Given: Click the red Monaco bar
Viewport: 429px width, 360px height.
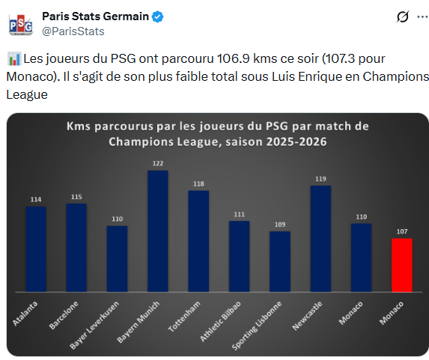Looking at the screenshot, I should tap(401, 265).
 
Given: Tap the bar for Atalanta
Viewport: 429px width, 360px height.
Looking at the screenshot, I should tap(36, 248).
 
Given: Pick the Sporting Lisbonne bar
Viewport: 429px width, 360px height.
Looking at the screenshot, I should tap(280, 261).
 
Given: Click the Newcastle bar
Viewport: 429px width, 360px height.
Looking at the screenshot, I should tap(320, 238).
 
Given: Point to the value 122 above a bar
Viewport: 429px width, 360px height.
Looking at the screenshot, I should tap(157, 163).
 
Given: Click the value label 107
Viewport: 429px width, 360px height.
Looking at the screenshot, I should tap(401, 231).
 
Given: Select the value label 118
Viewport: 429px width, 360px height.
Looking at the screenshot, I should tap(198, 183).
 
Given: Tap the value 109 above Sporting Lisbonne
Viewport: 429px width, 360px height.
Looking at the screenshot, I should tap(280, 224).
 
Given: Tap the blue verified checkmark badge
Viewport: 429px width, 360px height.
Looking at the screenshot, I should tap(158, 16).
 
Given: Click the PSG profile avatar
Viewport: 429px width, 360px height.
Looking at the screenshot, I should tap(20, 24).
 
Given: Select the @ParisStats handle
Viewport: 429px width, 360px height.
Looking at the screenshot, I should tap(73, 31).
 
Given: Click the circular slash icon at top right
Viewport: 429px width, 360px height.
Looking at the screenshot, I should tap(401, 17).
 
